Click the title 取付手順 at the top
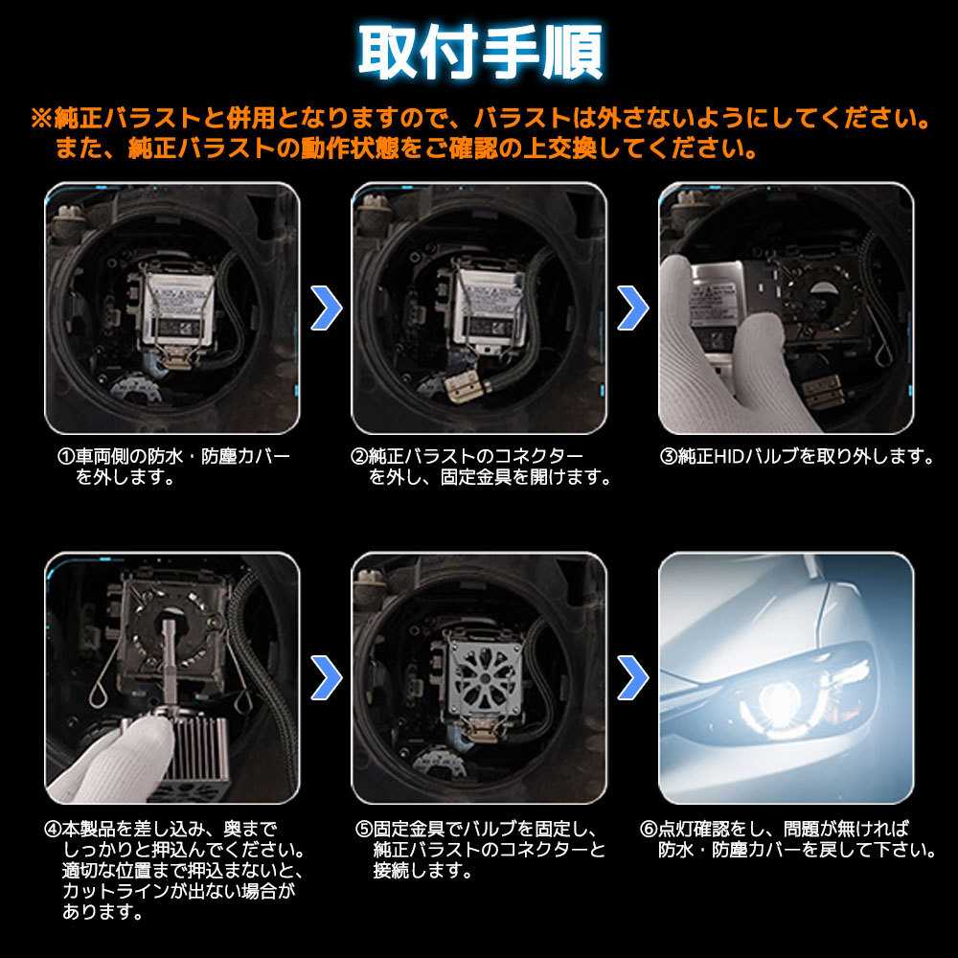pos(480,53)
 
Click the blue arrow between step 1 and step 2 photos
pos(326,308)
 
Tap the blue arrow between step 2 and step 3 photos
pos(633,308)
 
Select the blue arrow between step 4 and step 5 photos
pos(326,677)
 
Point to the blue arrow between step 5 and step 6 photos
pos(633,677)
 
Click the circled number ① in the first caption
pos(66,456)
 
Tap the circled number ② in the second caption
pos(359,456)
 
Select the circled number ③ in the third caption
pos(669,456)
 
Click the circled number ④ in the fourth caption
pos(53,829)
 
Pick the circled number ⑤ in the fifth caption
pos(364,829)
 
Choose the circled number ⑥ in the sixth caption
pos(649,829)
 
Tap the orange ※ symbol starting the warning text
pos(42,118)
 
